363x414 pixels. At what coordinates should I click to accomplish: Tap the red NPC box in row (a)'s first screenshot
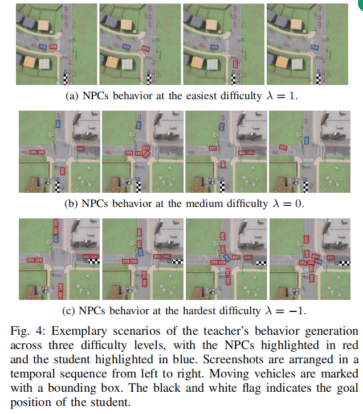53,46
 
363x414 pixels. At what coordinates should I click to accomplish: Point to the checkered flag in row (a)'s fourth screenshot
315,78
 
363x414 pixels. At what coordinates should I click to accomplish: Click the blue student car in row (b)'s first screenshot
58,123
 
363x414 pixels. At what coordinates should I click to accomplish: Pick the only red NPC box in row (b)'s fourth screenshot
282,148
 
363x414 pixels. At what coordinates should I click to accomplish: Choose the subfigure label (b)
72,203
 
